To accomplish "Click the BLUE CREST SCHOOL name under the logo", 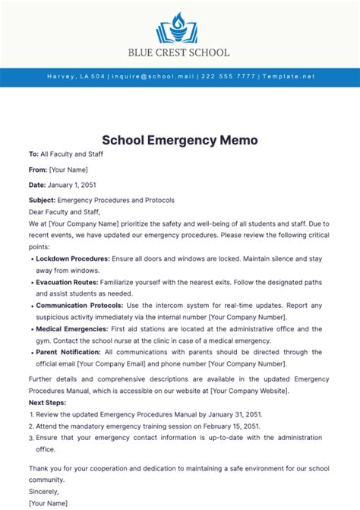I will [180, 53].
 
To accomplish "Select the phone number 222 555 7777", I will [229, 77].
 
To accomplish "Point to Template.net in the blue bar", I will [288, 77].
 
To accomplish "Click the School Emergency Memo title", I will [180, 141].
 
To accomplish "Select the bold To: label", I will [33, 154].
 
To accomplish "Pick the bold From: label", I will [38, 169].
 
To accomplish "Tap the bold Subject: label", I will [42, 200].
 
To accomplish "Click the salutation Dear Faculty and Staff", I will [64, 212].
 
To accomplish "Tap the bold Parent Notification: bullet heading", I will [69, 352].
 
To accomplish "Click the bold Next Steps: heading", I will [47, 402].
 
